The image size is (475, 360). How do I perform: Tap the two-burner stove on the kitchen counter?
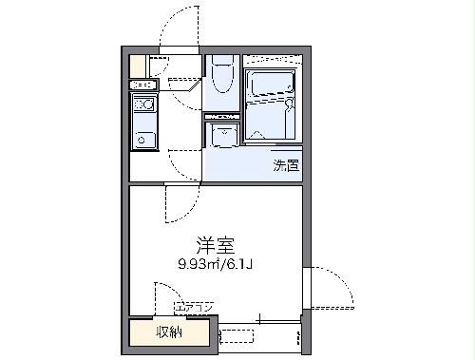[x=144, y=104]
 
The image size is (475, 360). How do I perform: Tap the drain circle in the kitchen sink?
[x=142, y=141]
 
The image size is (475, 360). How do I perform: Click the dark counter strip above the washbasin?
[x=224, y=116]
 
